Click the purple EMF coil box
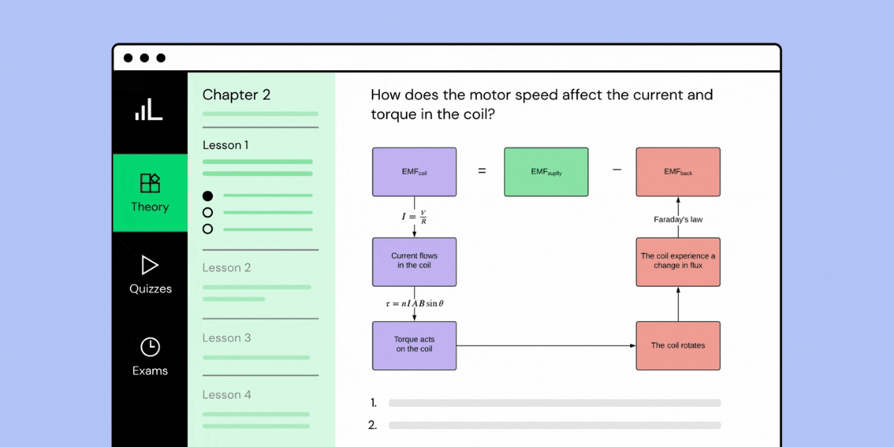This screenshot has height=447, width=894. [x=414, y=172]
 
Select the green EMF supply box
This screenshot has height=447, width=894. [x=546, y=172]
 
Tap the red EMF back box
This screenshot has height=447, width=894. [x=678, y=172]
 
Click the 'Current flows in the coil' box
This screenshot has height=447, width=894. [x=414, y=262]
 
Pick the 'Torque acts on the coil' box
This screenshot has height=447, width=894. [x=414, y=346]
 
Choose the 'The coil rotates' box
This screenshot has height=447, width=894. [x=678, y=346]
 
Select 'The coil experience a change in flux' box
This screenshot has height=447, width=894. [x=678, y=262]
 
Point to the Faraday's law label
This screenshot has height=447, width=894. [x=678, y=220]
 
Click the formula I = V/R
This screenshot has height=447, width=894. [x=414, y=218]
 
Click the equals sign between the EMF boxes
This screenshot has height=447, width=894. [x=482, y=171]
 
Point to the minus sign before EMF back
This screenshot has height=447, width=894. [x=616, y=171]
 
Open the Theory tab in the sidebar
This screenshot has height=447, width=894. [x=150, y=193]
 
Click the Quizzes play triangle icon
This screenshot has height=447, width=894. [x=150, y=265]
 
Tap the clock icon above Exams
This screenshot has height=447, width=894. [x=150, y=346]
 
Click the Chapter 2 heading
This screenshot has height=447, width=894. [x=236, y=95]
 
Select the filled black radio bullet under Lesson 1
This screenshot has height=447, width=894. [x=208, y=196]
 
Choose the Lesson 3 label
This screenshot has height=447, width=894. [x=226, y=338]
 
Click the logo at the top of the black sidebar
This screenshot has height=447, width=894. [x=149, y=110]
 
